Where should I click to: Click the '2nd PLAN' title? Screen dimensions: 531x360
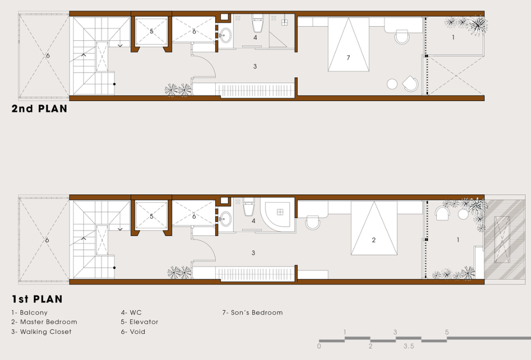(39, 108)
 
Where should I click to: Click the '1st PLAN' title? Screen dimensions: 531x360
(37, 299)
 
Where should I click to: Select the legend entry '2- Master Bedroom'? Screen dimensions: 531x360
(44, 322)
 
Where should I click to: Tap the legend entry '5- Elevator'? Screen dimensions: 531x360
(140, 322)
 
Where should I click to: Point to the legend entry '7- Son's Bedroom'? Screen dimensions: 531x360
(252, 312)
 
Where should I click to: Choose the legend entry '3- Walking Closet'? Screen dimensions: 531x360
(41, 332)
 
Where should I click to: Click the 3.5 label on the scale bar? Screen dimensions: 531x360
(409, 346)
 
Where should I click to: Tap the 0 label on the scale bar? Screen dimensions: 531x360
(319, 346)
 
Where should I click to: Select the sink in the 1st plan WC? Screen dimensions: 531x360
(225, 219)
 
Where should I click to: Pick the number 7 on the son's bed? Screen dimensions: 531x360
(348, 57)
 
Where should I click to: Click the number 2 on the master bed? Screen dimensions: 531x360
(374, 240)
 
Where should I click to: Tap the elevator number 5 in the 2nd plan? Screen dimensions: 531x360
(151, 31)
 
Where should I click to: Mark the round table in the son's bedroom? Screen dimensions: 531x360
(392, 84)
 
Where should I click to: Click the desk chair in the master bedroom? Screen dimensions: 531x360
(313, 223)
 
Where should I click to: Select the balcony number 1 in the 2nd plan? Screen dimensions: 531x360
(453, 37)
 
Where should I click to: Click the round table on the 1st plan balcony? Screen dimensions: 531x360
(463, 214)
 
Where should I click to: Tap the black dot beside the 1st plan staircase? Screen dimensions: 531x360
(114, 268)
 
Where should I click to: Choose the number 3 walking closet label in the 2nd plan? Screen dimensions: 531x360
(255, 66)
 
